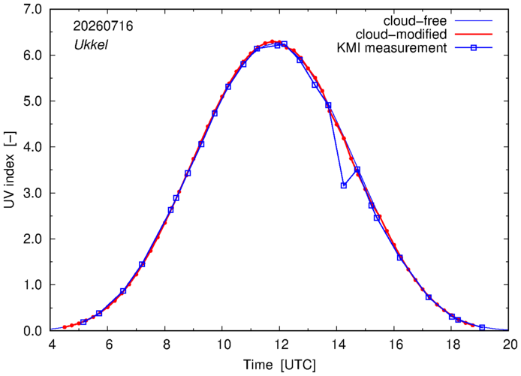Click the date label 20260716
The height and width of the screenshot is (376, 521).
point(103,26)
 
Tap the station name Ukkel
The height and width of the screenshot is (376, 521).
point(91,45)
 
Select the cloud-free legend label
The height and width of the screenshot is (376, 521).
point(415,21)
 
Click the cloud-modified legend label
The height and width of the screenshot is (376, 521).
point(401,35)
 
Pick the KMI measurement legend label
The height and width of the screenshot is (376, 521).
point(392,48)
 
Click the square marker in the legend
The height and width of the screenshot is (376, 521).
point(474,48)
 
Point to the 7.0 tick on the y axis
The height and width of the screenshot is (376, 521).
point(32,9)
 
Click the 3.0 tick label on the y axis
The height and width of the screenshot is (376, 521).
point(32,193)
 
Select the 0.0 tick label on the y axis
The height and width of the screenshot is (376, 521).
point(32,331)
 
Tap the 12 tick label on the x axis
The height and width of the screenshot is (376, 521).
point(280,344)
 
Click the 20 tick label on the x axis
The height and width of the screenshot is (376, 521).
point(508,344)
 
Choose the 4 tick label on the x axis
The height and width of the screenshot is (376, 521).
point(51,344)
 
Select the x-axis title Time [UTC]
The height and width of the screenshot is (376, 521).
point(279,365)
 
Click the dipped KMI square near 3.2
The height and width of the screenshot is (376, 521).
point(344,185)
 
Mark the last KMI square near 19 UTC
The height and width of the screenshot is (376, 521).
point(482,327)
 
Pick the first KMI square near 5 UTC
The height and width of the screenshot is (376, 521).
point(83,322)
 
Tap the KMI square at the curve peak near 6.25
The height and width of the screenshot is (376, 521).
point(284,44)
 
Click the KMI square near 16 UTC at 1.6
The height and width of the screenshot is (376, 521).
point(400,257)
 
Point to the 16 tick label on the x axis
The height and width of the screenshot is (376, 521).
point(394,344)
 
